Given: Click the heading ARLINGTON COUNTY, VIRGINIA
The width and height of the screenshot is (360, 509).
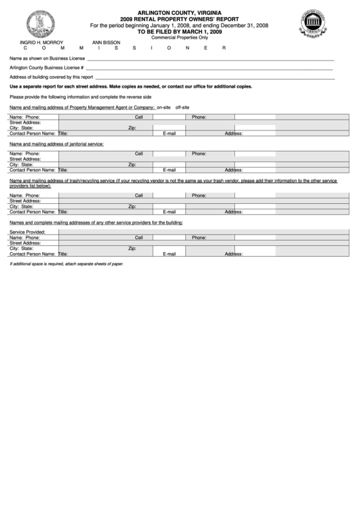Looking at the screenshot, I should point(179,12).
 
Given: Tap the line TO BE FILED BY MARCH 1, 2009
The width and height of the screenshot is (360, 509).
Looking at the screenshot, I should point(179,31).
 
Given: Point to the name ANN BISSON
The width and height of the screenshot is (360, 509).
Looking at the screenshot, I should point(106,42).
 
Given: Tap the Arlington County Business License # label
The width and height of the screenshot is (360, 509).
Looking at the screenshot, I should point(46,69).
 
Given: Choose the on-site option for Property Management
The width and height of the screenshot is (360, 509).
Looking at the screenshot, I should point(164,107).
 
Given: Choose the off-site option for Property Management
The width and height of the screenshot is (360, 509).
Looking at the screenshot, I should point(182,107).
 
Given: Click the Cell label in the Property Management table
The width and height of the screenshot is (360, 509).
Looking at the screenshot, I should point(139,117).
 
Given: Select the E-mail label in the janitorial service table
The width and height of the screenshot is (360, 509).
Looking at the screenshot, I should point(169,170).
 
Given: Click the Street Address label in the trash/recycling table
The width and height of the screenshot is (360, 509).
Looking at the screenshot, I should point(25,200).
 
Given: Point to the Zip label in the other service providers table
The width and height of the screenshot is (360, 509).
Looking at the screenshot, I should point(132,249).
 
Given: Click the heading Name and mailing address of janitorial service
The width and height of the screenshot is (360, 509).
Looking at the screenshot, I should point(56,144).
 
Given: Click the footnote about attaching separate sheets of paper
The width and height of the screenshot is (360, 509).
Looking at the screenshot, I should point(66,263).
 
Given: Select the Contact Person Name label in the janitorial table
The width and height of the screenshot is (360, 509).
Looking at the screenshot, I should point(32,170).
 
